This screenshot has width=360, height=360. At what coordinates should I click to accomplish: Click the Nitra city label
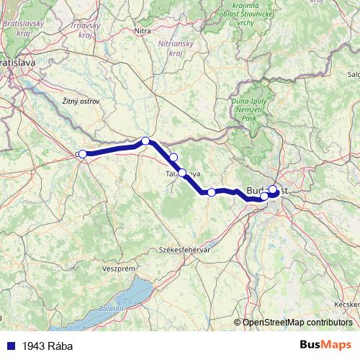[x=143, y=31]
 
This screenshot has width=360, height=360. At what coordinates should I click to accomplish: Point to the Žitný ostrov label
[x=81, y=102]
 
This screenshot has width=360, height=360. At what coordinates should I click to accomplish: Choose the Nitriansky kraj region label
[x=176, y=48]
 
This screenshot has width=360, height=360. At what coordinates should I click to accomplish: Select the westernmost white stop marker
[x=83, y=153]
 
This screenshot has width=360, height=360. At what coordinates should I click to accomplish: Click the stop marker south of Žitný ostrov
[x=145, y=141]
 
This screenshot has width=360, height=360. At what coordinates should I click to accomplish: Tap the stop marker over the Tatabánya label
[x=182, y=173]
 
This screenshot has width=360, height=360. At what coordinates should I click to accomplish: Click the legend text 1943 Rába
[x=48, y=346]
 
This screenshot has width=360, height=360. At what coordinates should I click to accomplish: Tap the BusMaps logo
[x=325, y=345]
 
